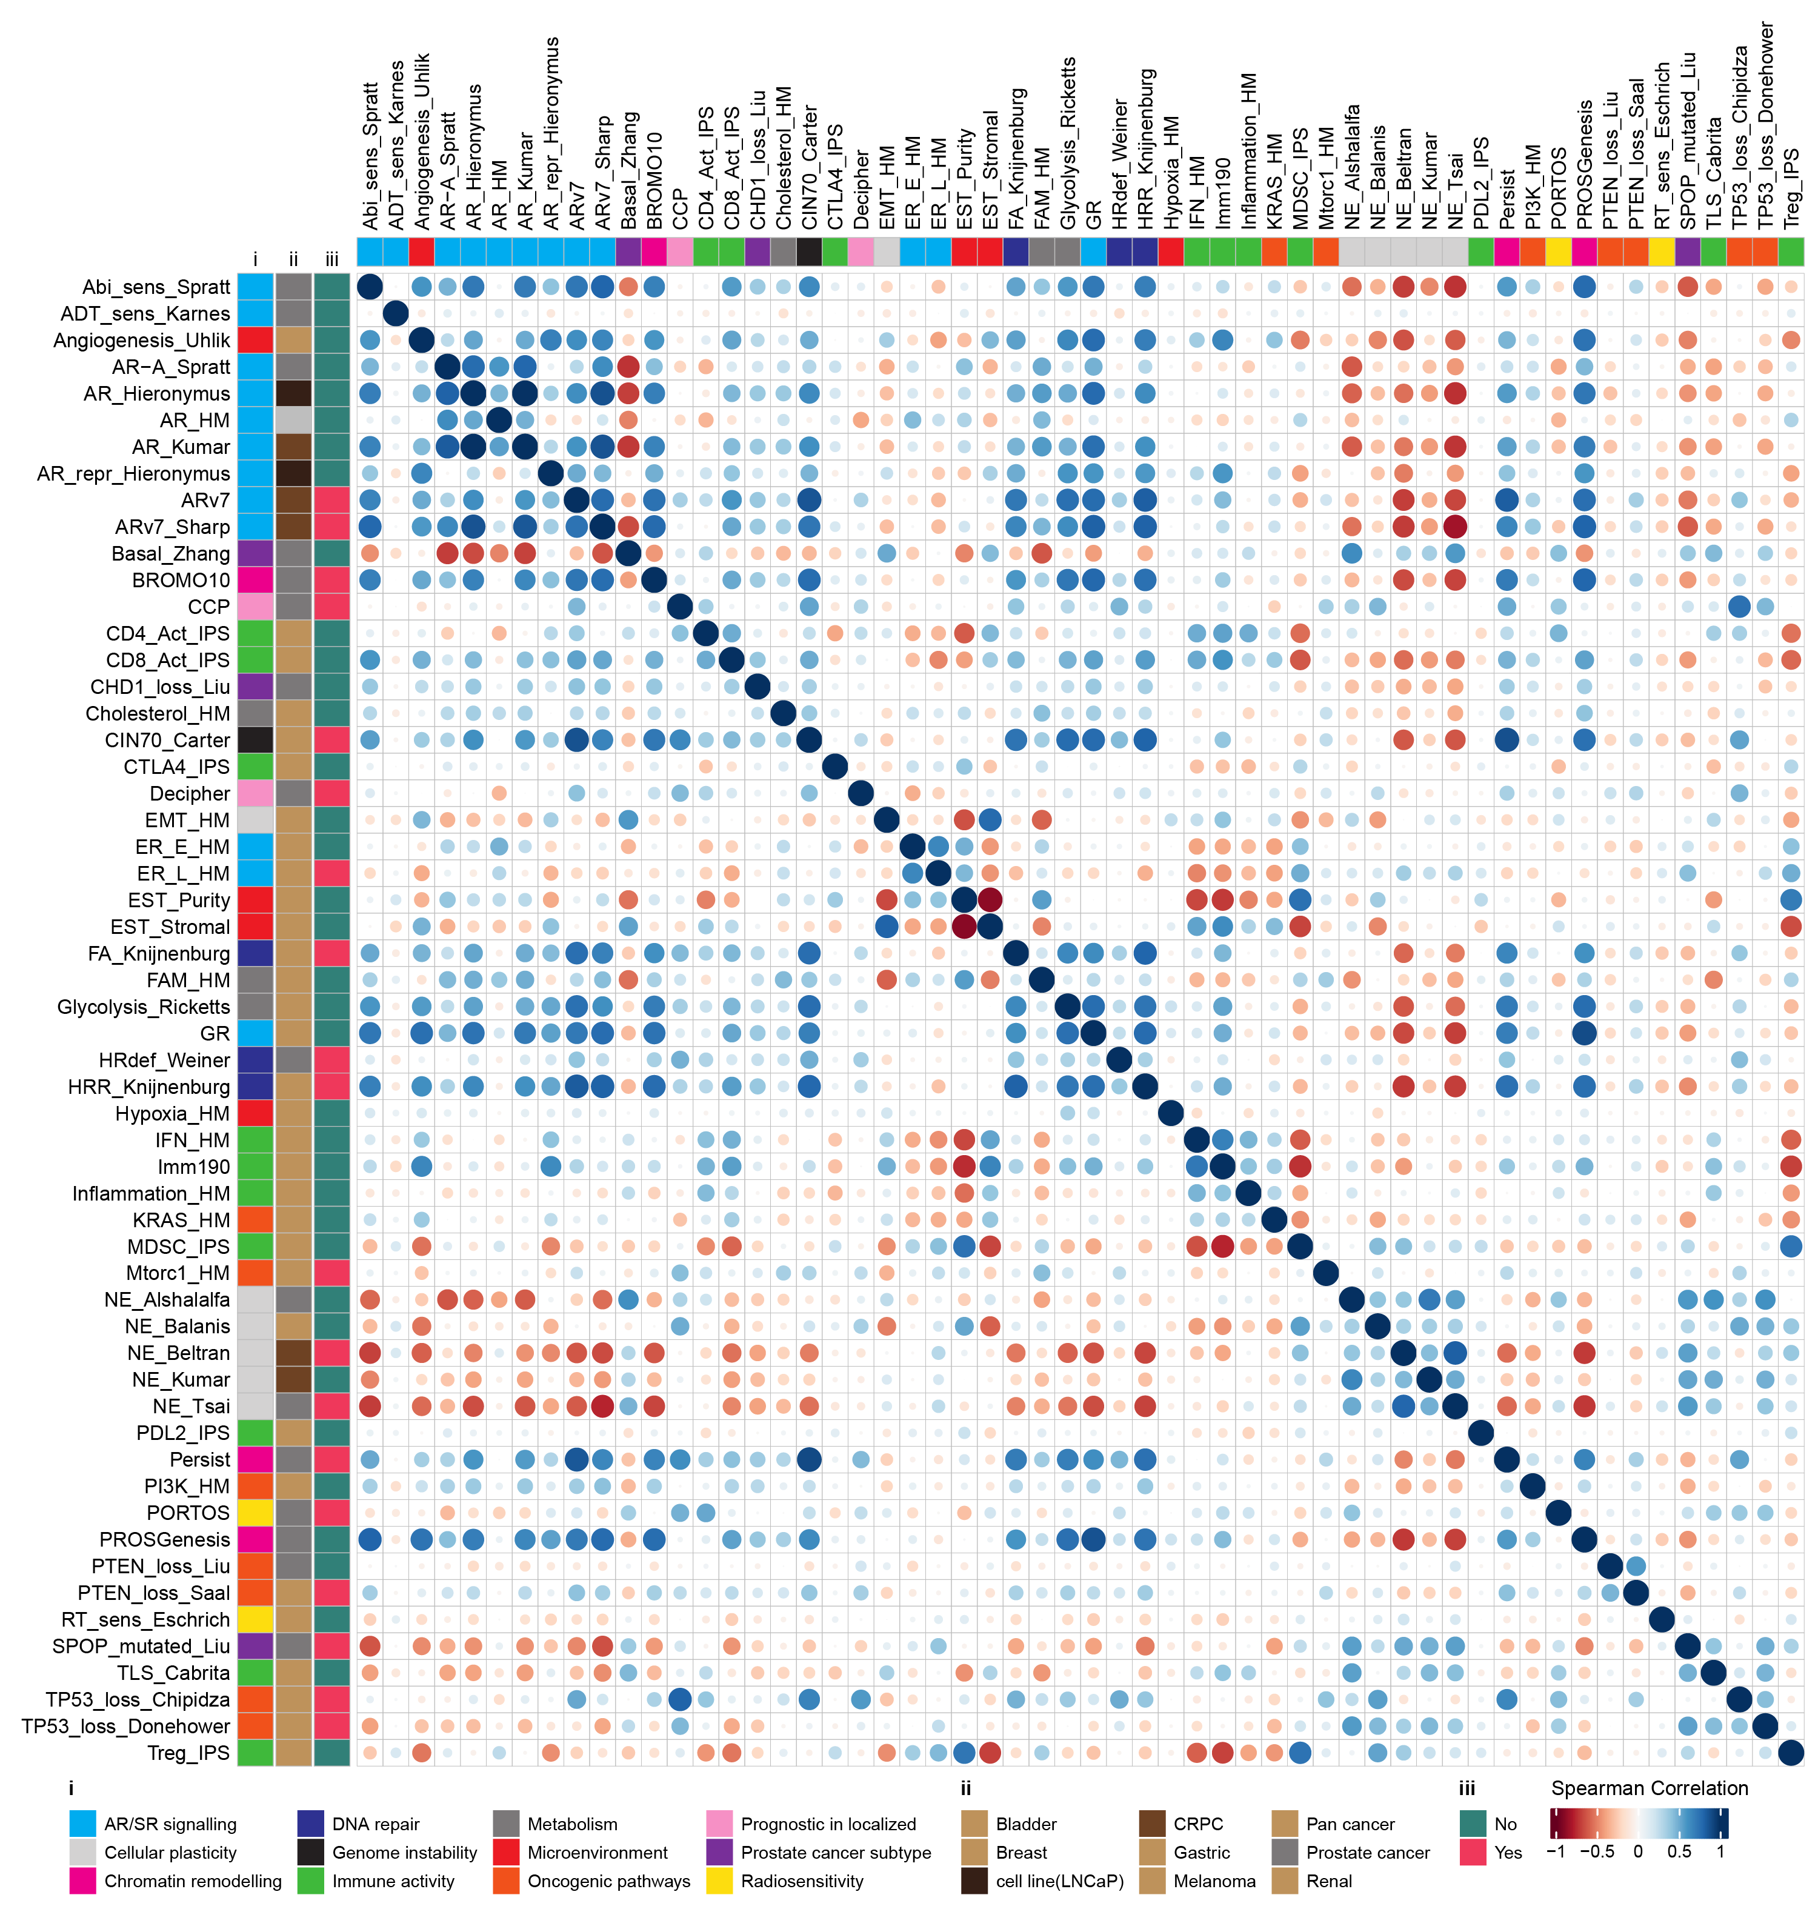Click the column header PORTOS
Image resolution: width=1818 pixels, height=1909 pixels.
(x=1559, y=189)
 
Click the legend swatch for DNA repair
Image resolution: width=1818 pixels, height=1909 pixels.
(x=310, y=1824)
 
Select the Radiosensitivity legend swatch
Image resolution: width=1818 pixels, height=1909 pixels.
(x=719, y=1881)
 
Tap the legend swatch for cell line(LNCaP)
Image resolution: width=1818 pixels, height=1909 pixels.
(x=974, y=1881)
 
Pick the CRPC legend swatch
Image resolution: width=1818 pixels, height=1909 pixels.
(x=1152, y=1824)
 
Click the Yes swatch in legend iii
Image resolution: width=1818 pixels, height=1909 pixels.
(x=1472, y=1852)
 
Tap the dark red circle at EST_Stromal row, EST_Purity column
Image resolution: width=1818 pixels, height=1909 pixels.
(x=964, y=927)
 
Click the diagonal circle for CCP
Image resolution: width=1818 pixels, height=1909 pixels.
(x=681, y=607)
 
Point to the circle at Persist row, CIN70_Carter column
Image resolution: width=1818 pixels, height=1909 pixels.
(x=809, y=1459)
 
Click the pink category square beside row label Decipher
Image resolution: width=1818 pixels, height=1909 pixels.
(x=256, y=794)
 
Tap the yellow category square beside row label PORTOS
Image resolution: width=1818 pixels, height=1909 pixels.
(x=256, y=1513)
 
